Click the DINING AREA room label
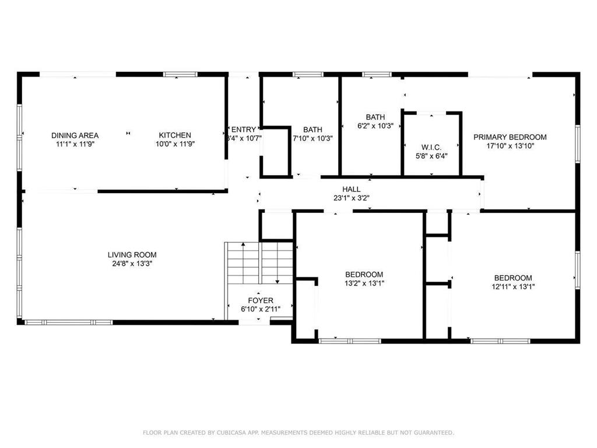pyautogui.click(x=75, y=135)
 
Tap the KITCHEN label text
pyautogui.click(x=175, y=135)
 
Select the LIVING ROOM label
pyautogui.click(x=132, y=255)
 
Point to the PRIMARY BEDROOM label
pyautogui.click(x=510, y=138)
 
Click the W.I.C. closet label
pyautogui.click(x=431, y=147)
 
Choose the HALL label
pyautogui.click(x=351, y=190)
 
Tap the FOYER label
pyautogui.click(x=260, y=301)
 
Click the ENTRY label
pyautogui.click(x=243, y=129)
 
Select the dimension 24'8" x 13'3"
pyautogui.click(x=132, y=264)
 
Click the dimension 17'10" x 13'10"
pyautogui.click(x=510, y=146)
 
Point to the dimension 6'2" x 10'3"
pyautogui.click(x=375, y=125)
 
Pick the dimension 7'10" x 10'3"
pyautogui.click(x=312, y=138)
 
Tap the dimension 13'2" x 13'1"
pyautogui.click(x=364, y=283)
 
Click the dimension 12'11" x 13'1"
pyautogui.click(x=512, y=286)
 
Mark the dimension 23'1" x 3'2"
pyautogui.click(x=351, y=198)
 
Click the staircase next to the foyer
pyautogui.click(x=259, y=262)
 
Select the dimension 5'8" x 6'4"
pyautogui.click(x=431, y=156)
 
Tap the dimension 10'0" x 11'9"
pyautogui.click(x=175, y=143)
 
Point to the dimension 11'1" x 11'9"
pyautogui.click(x=75, y=143)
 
